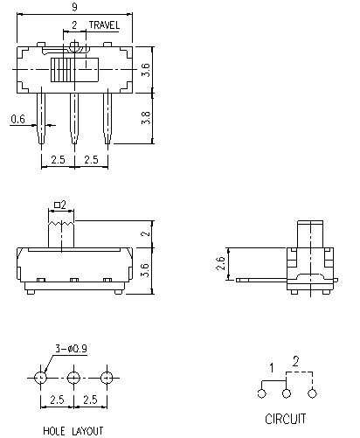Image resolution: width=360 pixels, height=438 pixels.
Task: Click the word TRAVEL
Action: (x=104, y=26)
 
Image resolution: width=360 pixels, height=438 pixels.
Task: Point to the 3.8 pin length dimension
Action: (x=147, y=113)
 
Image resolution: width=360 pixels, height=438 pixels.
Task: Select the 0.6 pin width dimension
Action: (x=17, y=120)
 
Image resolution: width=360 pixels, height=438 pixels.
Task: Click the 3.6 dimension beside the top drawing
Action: (x=147, y=68)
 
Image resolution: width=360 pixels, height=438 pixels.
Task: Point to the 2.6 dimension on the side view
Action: (x=220, y=264)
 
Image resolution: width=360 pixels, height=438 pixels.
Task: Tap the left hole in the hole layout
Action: (x=40, y=378)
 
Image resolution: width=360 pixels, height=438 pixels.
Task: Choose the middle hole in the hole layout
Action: (x=73, y=378)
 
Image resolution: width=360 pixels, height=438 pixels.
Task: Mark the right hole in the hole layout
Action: (x=107, y=378)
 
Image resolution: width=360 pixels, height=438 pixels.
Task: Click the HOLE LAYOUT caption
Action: (x=73, y=431)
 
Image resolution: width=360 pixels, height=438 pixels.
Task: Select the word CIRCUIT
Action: (x=286, y=419)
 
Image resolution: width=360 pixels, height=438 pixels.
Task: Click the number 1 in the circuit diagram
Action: (x=272, y=365)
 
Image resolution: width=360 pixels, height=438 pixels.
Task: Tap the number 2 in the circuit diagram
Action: (x=295, y=360)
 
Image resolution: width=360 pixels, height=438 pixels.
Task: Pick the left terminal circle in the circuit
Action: (x=263, y=394)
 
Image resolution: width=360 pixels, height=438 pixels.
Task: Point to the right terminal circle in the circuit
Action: (x=311, y=394)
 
